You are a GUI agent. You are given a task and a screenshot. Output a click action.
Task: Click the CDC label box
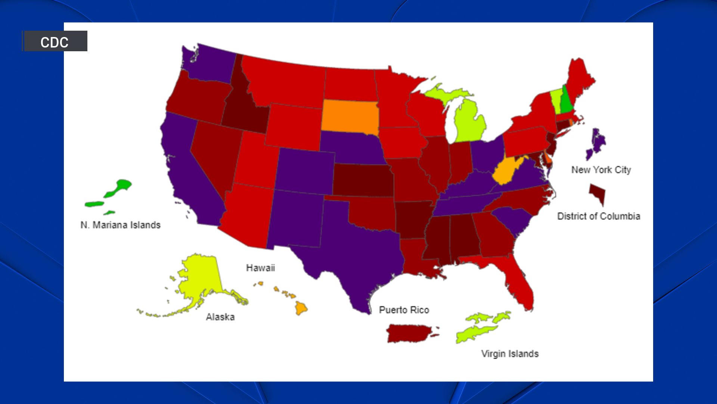(x=55, y=41)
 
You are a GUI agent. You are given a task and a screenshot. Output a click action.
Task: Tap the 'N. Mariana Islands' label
(x=120, y=225)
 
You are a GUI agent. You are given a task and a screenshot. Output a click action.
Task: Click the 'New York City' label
(x=601, y=170)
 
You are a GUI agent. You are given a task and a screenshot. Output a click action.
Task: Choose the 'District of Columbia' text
(x=599, y=216)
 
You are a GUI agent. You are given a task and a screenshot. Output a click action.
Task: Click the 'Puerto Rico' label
(x=404, y=310)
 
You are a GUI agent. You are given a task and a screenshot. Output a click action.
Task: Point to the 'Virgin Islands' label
(x=510, y=353)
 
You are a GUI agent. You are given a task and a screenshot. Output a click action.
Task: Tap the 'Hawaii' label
(x=260, y=268)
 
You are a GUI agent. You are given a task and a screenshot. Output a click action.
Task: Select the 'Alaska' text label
(x=220, y=317)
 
